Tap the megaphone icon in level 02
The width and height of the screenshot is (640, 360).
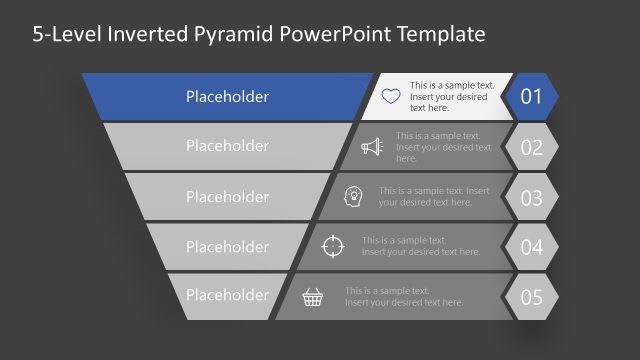pyautogui.click(x=372, y=147)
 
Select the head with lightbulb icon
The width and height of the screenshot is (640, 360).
pyautogui.click(x=353, y=196)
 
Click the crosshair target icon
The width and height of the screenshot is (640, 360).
pyautogui.click(x=333, y=246)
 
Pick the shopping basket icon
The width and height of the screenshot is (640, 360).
pyautogui.click(x=314, y=296)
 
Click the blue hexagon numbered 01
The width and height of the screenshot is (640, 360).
pyautogui.click(x=531, y=97)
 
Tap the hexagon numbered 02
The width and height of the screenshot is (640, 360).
pyautogui.click(x=531, y=147)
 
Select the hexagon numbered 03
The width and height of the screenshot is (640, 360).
pyautogui.click(x=531, y=197)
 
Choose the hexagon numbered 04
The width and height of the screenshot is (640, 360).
pyautogui.click(x=531, y=247)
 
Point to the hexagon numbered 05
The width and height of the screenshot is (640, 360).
pyautogui.click(x=531, y=297)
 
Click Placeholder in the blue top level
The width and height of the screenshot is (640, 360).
pyautogui.click(x=227, y=97)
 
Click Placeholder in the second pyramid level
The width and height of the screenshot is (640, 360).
pyautogui.click(x=227, y=146)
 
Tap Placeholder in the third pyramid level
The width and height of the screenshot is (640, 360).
pyautogui.click(x=227, y=197)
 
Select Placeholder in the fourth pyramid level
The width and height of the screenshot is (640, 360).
pyautogui.click(x=227, y=246)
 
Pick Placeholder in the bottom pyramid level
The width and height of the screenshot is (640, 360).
pyautogui.click(x=227, y=295)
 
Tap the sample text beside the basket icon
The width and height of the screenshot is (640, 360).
pyautogui.click(x=405, y=296)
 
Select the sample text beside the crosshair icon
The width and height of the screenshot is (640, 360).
pyautogui.click(x=421, y=246)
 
